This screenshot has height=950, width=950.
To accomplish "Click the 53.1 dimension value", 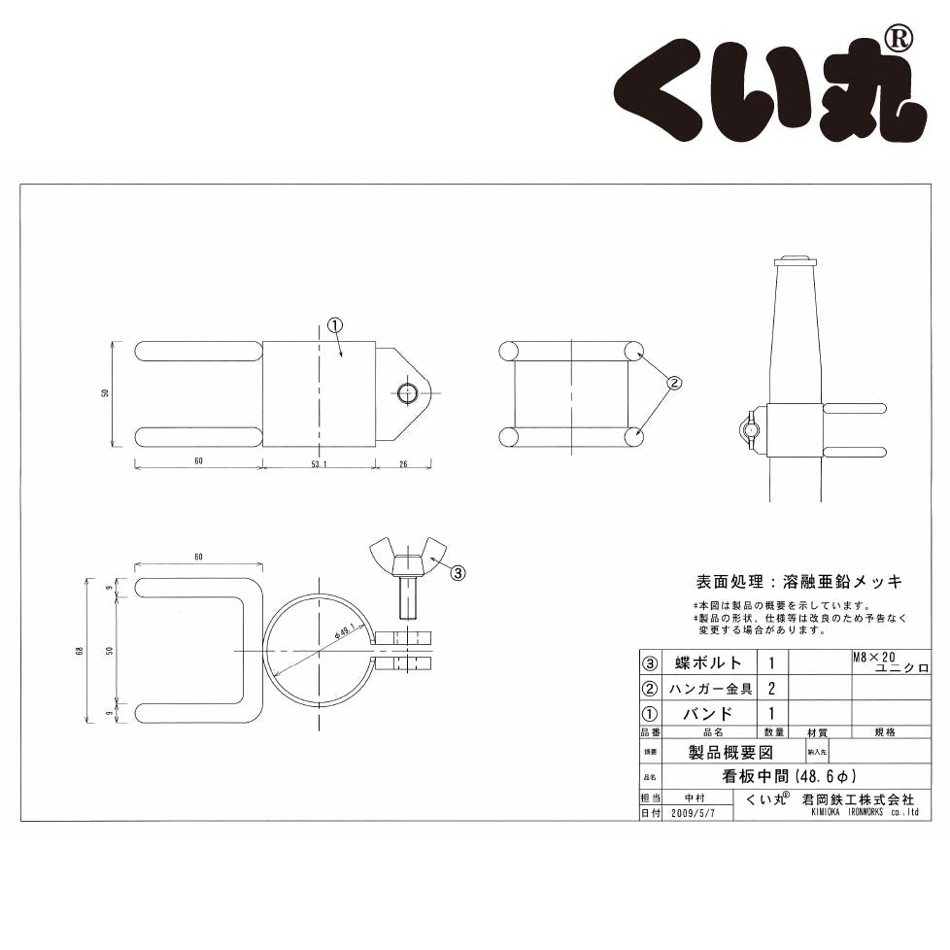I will click(x=319, y=462).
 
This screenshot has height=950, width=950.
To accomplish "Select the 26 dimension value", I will click(x=404, y=462).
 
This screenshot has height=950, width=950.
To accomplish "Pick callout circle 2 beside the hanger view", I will click(x=675, y=382).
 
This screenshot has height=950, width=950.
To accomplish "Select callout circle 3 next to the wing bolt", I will click(x=458, y=573).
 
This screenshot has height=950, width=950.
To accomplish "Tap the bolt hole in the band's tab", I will click(x=408, y=392).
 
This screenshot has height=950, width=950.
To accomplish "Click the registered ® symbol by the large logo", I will click(x=899, y=39).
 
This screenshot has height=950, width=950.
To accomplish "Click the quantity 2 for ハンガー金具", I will click(x=771, y=689).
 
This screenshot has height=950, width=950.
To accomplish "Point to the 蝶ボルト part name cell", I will click(x=708, y=663).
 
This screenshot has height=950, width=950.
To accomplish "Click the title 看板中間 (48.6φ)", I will click(x=787, y=777).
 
